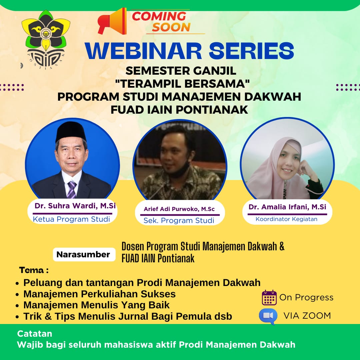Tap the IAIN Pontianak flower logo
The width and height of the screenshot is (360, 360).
46,39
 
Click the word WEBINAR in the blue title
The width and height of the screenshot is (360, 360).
143,51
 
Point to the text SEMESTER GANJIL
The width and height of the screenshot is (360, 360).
181,71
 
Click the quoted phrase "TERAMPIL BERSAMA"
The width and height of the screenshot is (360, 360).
182,84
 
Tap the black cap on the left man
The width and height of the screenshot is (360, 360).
71,131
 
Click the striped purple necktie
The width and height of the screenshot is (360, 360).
72,190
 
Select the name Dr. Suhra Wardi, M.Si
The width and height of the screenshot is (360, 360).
75,205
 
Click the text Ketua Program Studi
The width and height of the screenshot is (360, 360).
71,219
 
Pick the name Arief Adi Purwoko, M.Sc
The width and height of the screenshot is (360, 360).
179,209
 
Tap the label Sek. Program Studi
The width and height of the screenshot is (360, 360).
179,220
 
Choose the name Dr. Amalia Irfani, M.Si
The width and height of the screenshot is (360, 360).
287,207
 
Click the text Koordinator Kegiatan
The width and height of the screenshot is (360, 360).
287,219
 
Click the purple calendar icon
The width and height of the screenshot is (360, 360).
269,298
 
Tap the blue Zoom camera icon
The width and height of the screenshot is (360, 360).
268,316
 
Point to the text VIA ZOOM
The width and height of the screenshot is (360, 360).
307,316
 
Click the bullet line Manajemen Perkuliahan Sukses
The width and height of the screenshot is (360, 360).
99,294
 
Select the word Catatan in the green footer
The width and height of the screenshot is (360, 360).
35,333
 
